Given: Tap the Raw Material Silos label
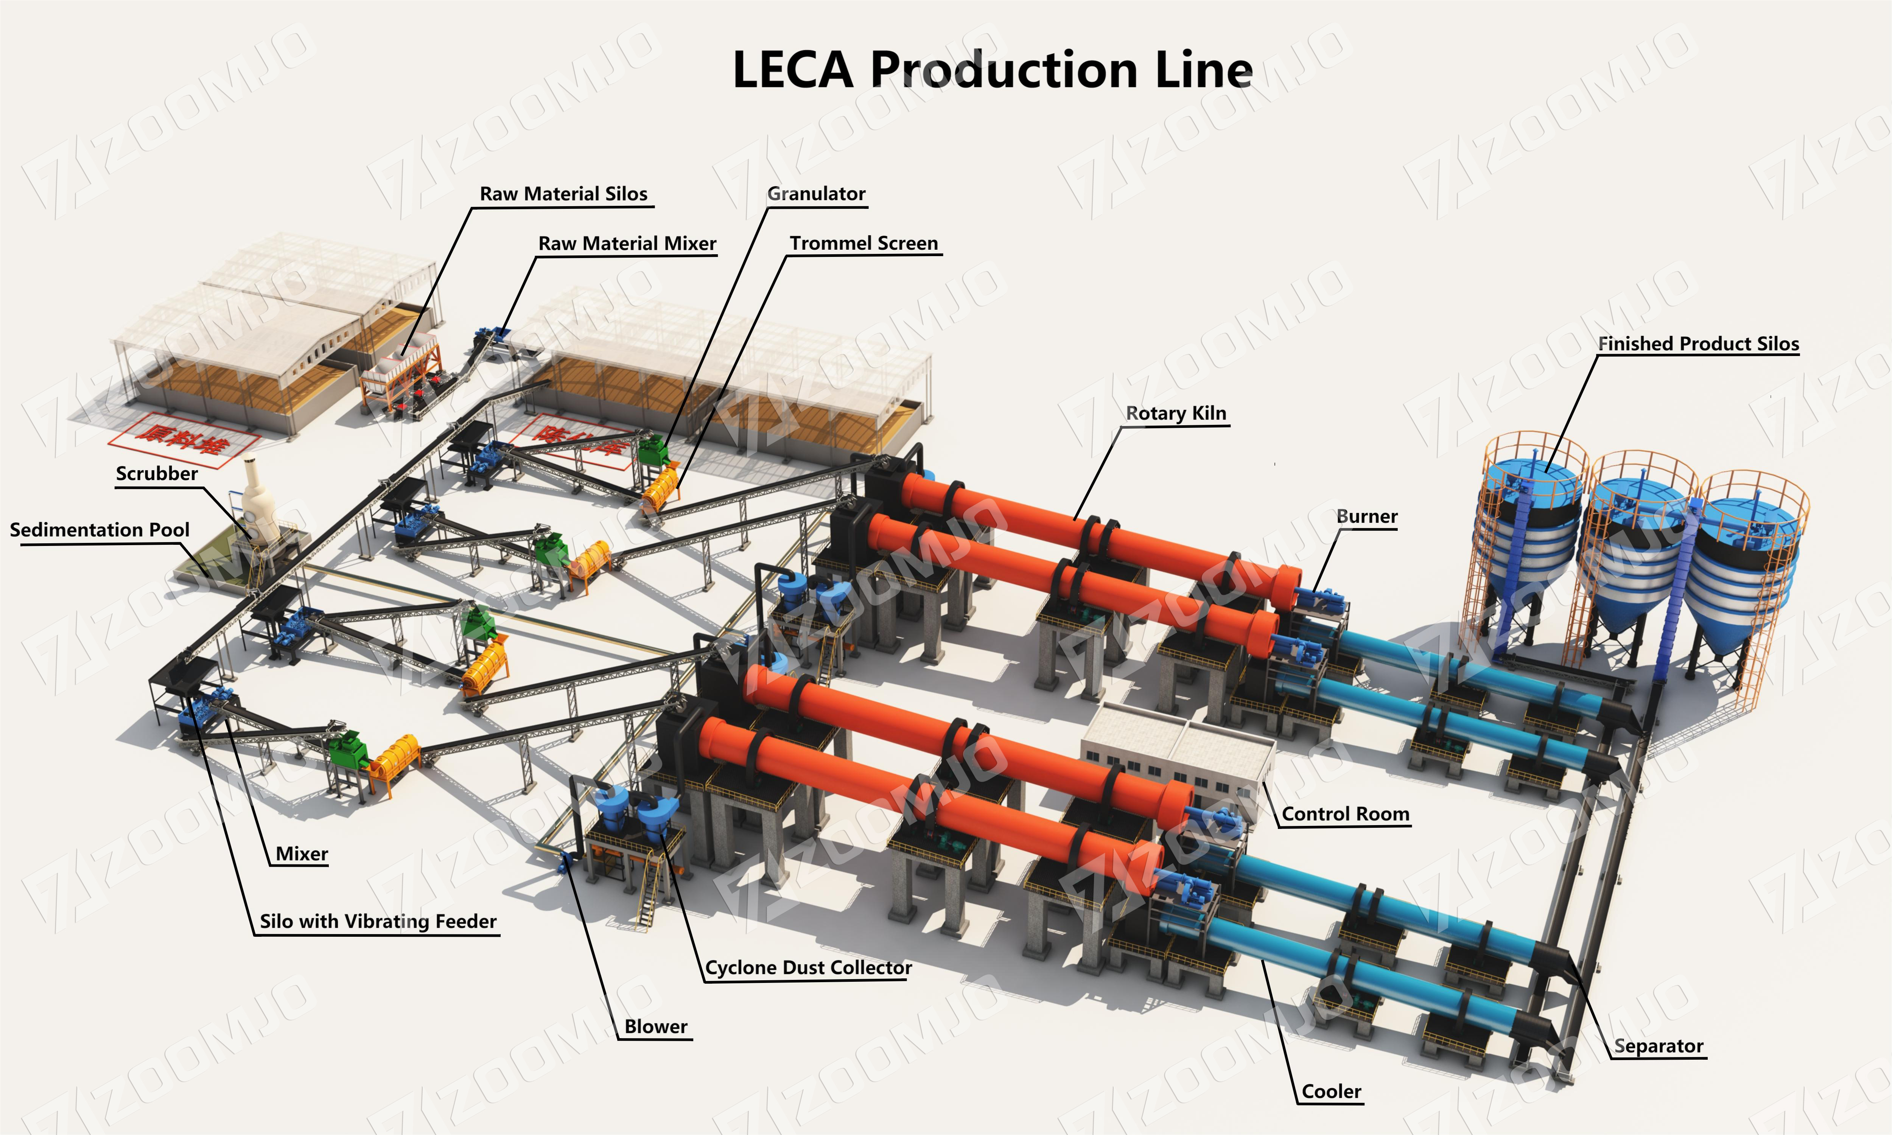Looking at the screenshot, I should pyautogui.click(x=563, y=194).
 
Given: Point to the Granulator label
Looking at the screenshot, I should pyautogui.click(x=816, y=194).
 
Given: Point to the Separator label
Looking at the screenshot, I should pyautogui.click(x=1658, y=1046).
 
